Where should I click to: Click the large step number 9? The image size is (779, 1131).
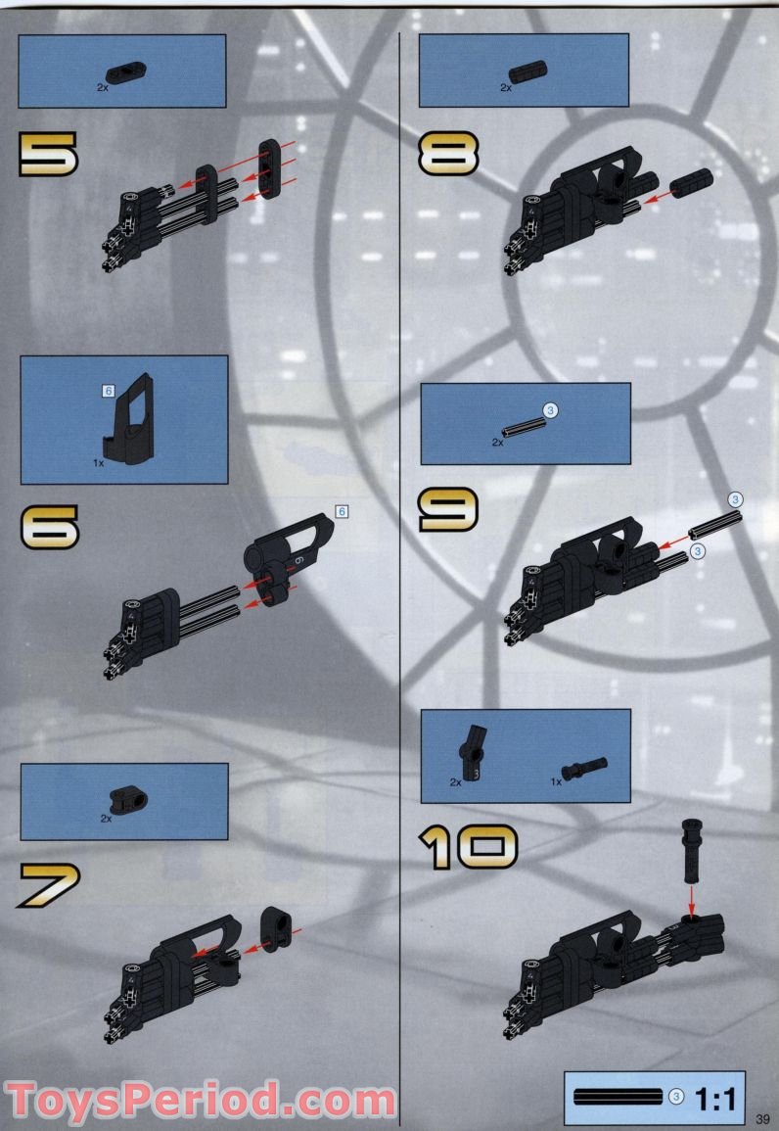point(448,509)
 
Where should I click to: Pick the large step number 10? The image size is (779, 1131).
point(468,848)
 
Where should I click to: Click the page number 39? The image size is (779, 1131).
point(764,1118)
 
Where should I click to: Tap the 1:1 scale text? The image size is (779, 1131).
point(715,1098)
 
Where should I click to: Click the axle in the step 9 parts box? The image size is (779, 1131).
point(523,427)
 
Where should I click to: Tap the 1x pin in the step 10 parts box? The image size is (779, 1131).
point(585,767)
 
